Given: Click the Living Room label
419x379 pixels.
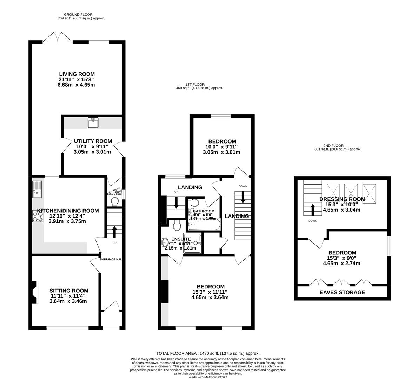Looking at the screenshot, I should click(77, 74).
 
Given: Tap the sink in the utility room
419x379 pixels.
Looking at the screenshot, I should click(93, 122).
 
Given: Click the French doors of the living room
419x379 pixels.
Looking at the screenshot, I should click(58, 38).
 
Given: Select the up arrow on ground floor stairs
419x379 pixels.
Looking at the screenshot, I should click(114, 232).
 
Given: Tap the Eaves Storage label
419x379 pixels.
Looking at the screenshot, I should click(342, 292).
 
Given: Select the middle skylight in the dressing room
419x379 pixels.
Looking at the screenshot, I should click(351, 192).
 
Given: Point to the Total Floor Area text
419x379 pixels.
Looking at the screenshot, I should click(208, 353).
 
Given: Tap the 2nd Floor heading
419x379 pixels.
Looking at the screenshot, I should click(334, 145).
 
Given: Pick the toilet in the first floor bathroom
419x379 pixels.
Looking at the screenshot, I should click(193, 203).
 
